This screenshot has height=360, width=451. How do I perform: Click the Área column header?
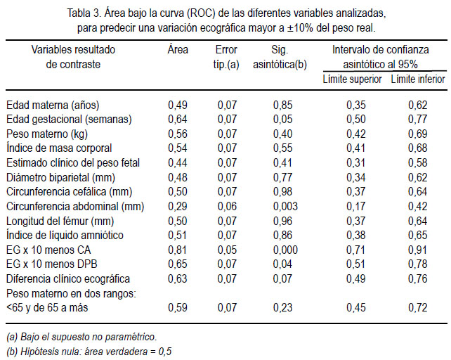click(178, 49)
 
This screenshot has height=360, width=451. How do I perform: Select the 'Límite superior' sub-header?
click(352, 79)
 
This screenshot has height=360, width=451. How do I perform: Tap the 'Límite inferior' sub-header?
click(418, 79)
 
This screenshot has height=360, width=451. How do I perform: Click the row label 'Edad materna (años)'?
click(53, 105)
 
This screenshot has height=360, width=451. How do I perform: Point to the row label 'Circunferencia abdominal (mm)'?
click(75, 206)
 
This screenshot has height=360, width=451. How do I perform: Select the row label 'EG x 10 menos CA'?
click(48, 250)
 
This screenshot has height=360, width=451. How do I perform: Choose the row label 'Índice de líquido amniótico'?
click(65, 235)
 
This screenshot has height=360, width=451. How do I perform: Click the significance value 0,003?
click(285, 206)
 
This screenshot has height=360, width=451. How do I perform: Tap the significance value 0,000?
click(285, 250)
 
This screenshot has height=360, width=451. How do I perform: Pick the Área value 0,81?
click(178, 250)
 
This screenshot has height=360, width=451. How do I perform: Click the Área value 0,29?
click(178, 206)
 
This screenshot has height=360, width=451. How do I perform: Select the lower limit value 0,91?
click(418, 250)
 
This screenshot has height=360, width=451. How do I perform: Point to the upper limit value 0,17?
click(355, 206)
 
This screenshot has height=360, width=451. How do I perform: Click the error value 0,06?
click(227, 206)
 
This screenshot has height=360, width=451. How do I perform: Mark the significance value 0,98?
click(282, 191)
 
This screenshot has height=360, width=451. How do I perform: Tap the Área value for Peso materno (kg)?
click(178, 134)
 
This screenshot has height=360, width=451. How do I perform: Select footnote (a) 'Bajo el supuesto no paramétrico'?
click(81, 337)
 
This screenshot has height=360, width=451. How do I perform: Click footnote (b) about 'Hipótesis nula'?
click(89, 352)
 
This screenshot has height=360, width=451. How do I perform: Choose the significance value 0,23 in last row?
click(282, 307)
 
